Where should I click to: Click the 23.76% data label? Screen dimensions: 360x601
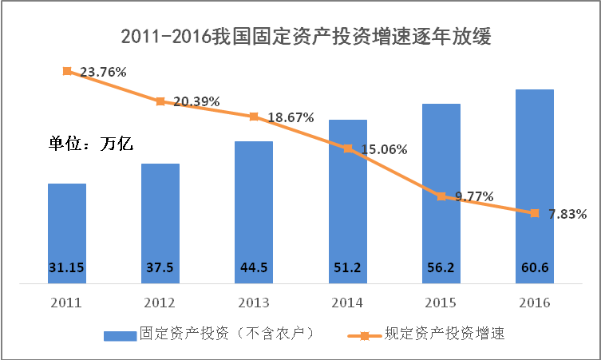(100, 72)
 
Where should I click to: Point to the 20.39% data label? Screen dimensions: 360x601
(196, 101)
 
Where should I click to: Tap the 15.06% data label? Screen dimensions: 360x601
(382, 148)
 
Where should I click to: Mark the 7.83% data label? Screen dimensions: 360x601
(567, 214)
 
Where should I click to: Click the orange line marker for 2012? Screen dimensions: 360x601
(160, 101)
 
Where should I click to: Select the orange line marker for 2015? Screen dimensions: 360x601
(441, 196)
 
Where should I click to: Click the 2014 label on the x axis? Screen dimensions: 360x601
(347, 303)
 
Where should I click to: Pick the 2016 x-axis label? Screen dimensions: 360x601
(534, 303)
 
